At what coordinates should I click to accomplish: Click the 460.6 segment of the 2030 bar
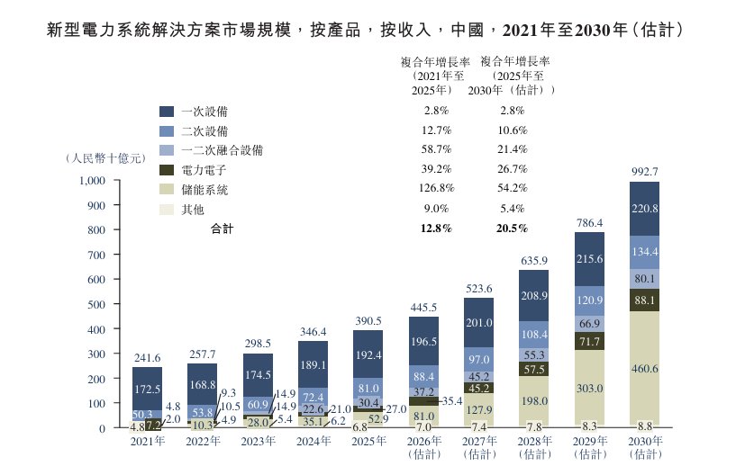coord(644,368)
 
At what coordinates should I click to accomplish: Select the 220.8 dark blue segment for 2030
coord(644,209)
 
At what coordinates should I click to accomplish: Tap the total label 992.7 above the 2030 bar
coord(645,171)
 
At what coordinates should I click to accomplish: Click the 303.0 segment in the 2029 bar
coord(589,387)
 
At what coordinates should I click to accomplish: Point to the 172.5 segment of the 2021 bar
coord(148,389)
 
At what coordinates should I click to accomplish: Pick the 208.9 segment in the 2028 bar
coord(534,296)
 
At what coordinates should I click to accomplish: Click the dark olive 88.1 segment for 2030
coord(644,300)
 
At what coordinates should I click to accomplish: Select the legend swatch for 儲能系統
coord(167,189)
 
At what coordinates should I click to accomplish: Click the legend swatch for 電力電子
coord(167,170)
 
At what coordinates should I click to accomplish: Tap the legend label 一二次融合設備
coord(222,150)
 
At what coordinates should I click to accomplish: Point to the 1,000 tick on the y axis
coord(92,181)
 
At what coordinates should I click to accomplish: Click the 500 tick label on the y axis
coord(96,304)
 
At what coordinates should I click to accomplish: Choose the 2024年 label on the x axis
coord(313,442)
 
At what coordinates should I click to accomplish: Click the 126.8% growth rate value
coord(436,188)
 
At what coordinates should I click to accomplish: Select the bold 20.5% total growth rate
coord(513,229)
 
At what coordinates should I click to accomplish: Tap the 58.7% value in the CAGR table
coord(436,149)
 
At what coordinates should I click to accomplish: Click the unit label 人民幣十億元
coord(105,158)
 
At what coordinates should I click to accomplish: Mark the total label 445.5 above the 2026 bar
coord(423,308)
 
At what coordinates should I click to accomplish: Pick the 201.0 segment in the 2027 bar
coord(479,323)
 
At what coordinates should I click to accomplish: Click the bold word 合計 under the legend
coord(222,229)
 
